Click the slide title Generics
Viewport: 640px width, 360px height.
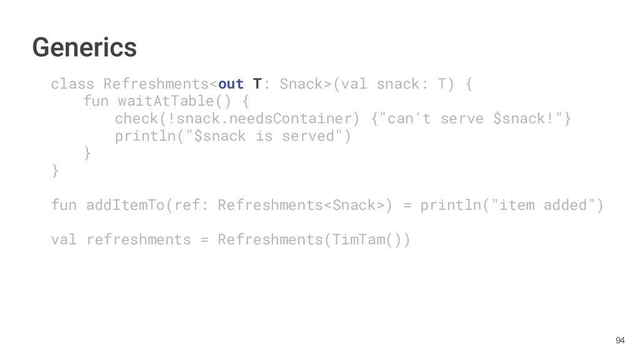84,47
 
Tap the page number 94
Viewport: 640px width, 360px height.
619,340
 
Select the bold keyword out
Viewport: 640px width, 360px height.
231,84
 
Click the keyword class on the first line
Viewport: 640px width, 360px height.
72,84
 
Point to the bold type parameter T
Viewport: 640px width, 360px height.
257,84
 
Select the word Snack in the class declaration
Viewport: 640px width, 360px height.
301,84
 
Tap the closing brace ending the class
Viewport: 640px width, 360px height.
55,170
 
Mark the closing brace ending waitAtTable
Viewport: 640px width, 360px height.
87,153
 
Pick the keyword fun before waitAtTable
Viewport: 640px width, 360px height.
95,101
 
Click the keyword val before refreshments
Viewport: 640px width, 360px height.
64,239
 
